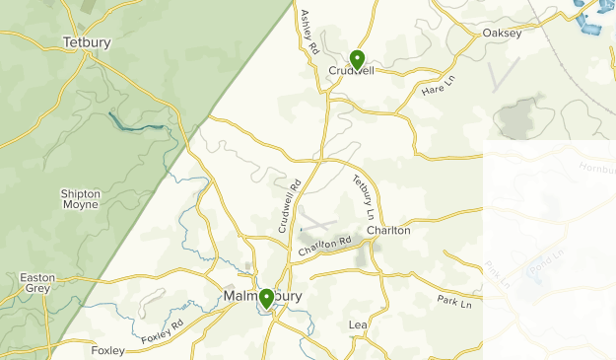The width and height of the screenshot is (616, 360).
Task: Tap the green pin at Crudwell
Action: (357, 59)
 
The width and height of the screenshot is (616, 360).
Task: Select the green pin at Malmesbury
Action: (266, 299)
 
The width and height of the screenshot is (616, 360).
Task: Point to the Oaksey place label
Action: (502, 33)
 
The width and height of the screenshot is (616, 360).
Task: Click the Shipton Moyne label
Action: (80, 199)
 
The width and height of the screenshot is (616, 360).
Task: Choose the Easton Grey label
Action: (37, 284)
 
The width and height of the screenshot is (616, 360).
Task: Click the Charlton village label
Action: (388, 230)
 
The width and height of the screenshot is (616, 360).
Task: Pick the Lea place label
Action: (357, 324)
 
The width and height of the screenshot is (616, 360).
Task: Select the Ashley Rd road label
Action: (310, 32)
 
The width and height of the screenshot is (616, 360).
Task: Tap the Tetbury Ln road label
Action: (364, 196)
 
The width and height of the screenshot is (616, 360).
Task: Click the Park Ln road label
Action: (455, 301)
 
